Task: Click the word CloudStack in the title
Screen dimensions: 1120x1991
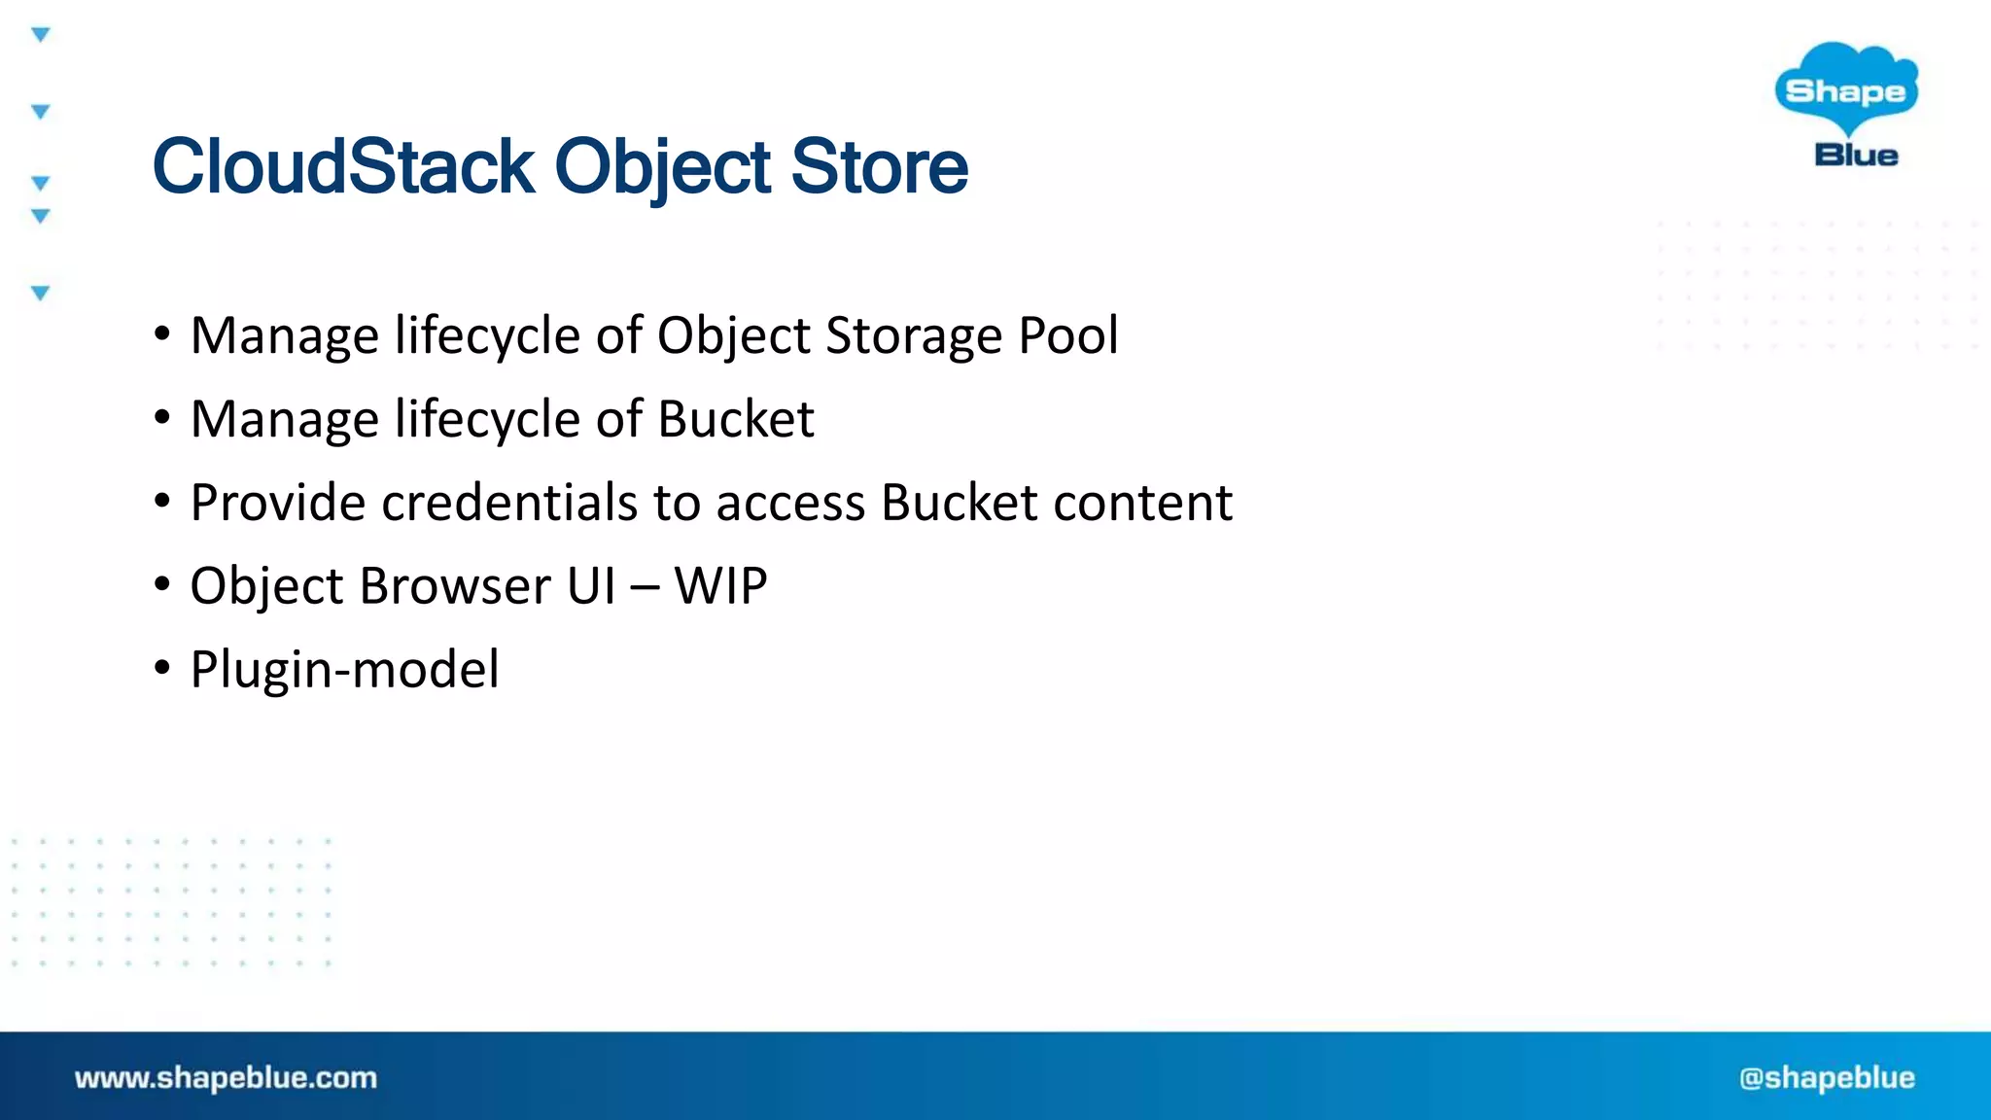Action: (x=342, y=166)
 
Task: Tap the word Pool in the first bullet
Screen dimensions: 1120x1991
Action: (x=1067, y=335)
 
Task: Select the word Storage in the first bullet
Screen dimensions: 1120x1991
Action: (x=913, y=335)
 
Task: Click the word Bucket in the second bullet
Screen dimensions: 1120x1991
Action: (x=735, y=419)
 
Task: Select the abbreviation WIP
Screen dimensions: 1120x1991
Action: (x=720, y=586)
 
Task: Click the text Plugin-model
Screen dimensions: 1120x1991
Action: (x=345, y=670)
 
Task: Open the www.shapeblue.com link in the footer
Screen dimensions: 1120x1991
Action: (x=226, y=1077)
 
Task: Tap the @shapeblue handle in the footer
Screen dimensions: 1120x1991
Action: (x=1827, y=1077)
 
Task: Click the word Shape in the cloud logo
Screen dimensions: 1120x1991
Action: (x=1845, y=91)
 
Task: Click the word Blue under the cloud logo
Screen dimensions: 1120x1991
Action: (x=1856, y=156)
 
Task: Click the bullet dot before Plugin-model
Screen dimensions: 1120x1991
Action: (x=162, y=668)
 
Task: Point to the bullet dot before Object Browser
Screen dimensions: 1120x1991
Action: (x=162, y=584)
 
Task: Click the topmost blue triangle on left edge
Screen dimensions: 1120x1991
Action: (x=41, y=35)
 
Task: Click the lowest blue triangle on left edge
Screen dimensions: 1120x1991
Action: (x=41, y=293)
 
